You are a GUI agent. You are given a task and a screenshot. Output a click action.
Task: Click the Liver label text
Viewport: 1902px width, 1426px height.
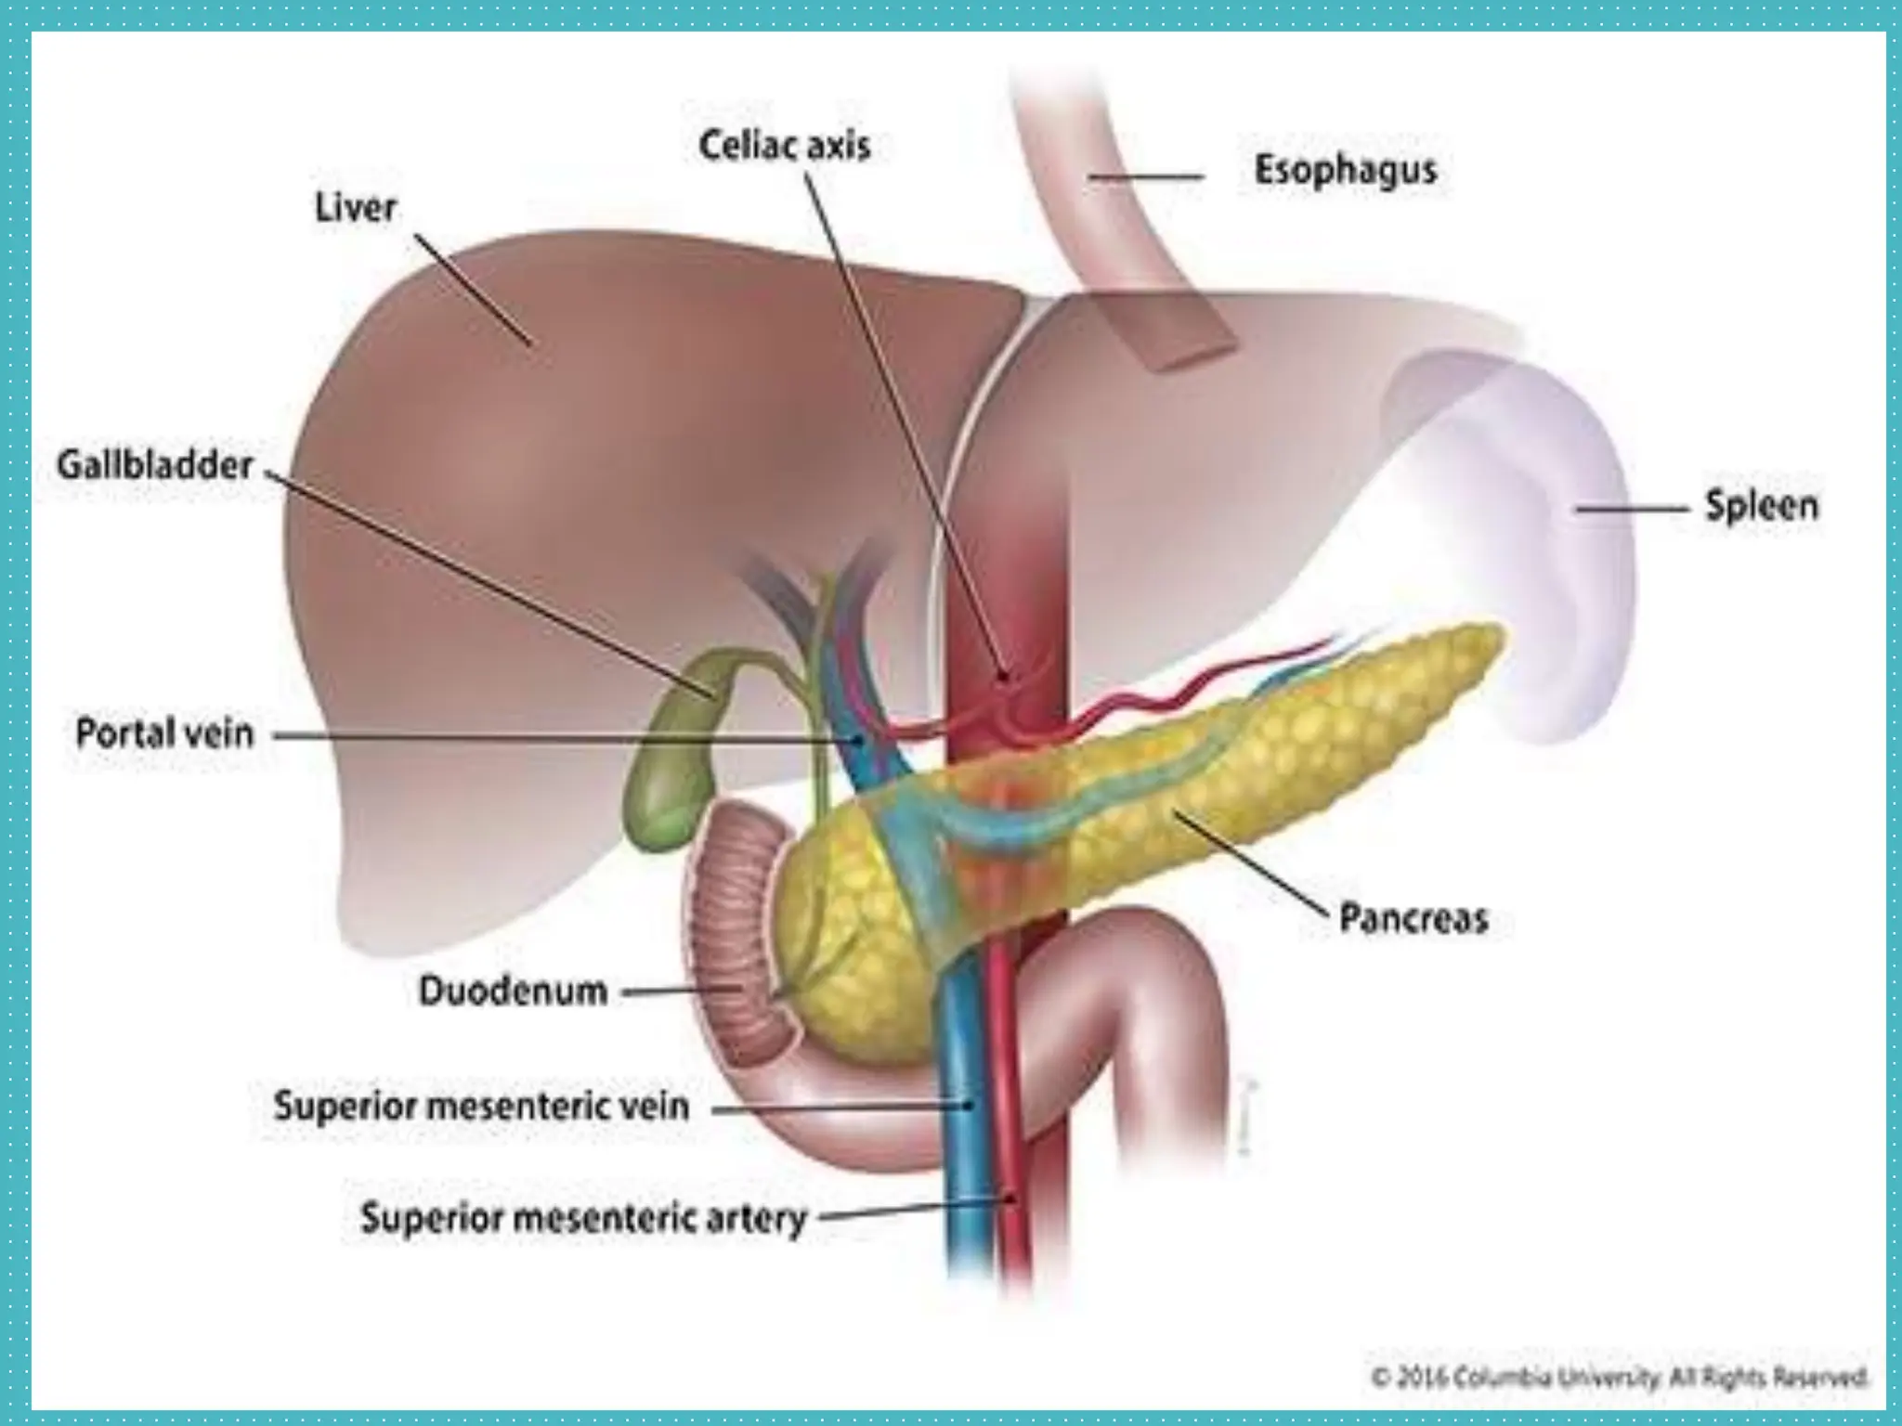(x=356, y=208)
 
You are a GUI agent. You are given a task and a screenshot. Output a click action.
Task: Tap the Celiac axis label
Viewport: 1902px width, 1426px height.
(x=784, y=146)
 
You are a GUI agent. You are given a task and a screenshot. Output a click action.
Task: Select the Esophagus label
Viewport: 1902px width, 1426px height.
(x=1346, y=170)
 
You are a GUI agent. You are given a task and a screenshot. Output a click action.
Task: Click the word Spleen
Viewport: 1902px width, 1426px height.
(x=1761, y=506)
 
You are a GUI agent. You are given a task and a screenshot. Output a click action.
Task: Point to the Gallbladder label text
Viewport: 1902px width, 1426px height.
(x=155, y=465)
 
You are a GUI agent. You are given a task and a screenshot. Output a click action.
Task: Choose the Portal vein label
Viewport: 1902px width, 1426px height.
(x=164, y=733)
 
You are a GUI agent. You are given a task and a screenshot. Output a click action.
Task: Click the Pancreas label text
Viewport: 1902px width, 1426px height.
(x=1413, y=918)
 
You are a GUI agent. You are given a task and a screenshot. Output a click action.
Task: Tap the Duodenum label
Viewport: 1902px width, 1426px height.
(x=513, y=991)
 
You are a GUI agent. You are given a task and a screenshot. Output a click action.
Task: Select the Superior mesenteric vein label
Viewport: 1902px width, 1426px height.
(x=481, y=1106)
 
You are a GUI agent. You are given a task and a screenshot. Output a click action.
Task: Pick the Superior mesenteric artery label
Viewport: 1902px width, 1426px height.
(x=583, y=1216)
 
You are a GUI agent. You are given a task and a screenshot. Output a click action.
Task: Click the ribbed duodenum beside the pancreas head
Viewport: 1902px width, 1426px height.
(x=734, y=928)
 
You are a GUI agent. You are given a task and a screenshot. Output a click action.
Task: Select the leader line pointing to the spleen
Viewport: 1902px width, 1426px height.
(x=1630, y=509)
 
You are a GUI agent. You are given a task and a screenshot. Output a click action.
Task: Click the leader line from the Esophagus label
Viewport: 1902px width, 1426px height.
(x=1147, y=176)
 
